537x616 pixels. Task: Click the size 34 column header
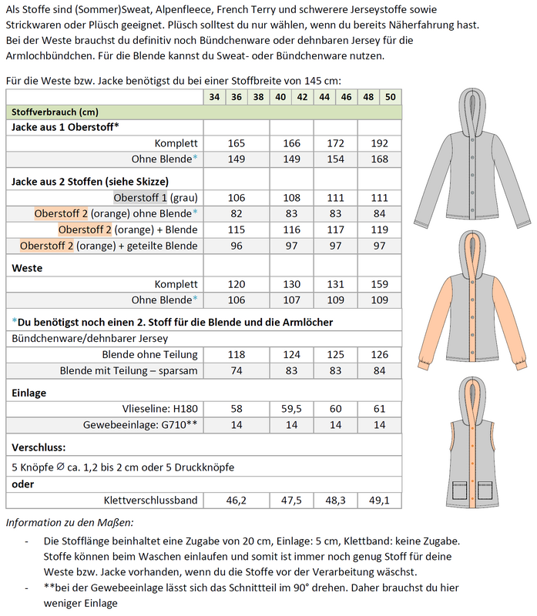tap(213, 97)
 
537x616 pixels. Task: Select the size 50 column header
tap(391, 97)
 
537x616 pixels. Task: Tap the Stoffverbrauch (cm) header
tap(45, 112)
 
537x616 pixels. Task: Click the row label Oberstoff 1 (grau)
tap(156, 197)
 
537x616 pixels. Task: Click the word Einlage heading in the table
tap(29, 392)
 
